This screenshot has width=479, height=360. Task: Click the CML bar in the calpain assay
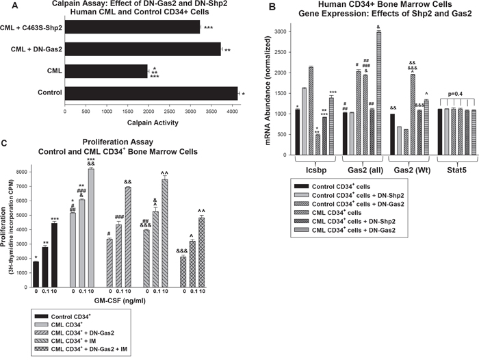[x=106, y=70]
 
